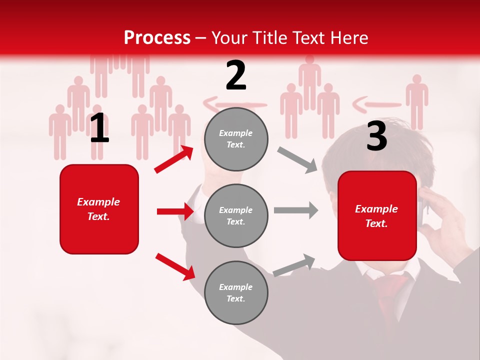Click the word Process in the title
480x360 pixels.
tap(157, 37)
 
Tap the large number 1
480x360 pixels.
tap(99, 128)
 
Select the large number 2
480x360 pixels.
tap(236, 75)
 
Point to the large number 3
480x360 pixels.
tap(376, 136)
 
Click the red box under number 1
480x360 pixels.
tap(99, 209)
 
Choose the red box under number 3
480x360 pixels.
tap(377, 215)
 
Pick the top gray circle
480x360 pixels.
tap(236, 139)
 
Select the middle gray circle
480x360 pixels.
tap(236, 215)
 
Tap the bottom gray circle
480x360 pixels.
tap(236, 292)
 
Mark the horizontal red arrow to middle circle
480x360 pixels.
tap(175, 211)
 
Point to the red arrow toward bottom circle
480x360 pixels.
tap(175, 266)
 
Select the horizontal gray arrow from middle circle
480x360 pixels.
tap(295, 209)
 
